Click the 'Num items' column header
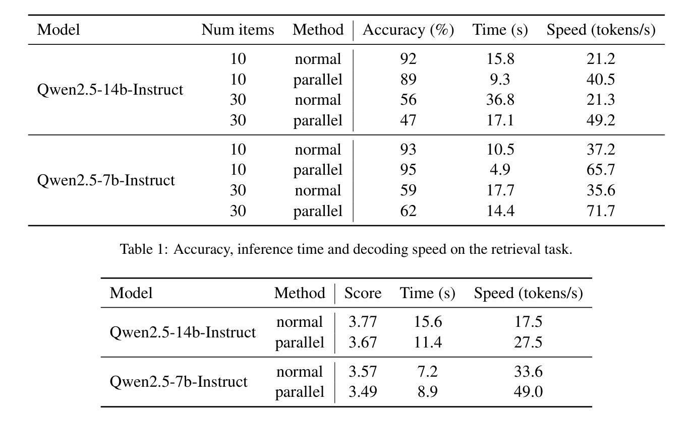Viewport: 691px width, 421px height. click(238, 30)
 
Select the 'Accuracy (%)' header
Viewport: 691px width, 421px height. click(408, 30)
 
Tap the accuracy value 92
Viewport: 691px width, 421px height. click(408, 58)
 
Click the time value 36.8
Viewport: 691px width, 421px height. click(500, 100)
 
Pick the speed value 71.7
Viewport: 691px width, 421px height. click(600, 210)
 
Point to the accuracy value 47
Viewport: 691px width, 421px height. click(408, 120)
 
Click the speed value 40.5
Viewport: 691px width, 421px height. click(600, 79)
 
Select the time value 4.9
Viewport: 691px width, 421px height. click(500, 169)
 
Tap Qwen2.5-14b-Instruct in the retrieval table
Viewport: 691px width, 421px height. click(110, 90)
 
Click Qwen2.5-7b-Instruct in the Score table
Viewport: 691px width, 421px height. click(179, 382)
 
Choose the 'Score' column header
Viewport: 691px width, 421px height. click(363, 293)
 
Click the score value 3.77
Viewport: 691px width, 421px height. click(363, 321)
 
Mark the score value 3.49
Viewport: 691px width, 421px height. click(363, 391)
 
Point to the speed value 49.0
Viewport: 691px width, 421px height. click(528, 391)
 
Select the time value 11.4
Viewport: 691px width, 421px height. click(428, 342)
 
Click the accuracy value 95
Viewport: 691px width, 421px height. click(408, 169)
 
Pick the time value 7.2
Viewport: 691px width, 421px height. click(428, 372)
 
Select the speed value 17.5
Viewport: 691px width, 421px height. click(528, 321)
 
